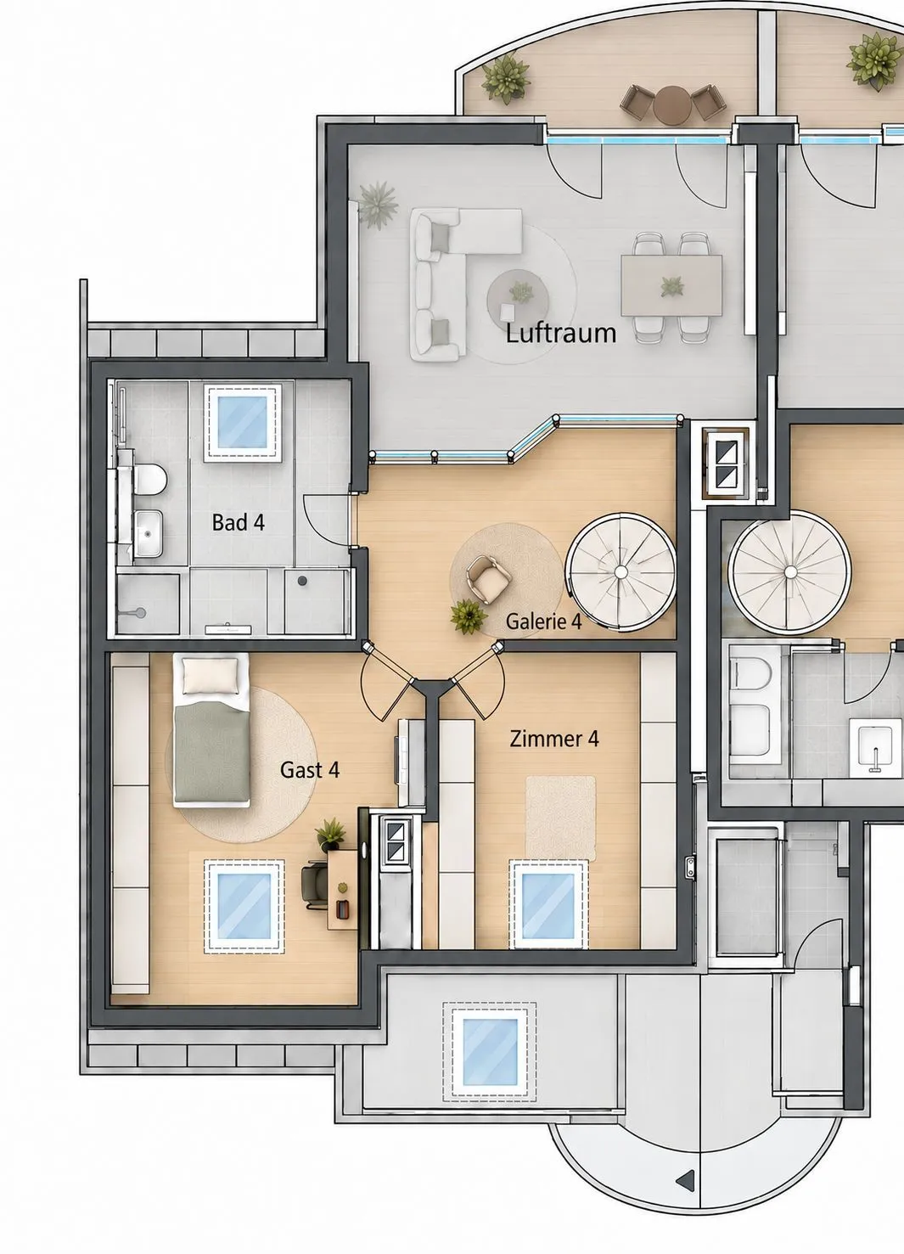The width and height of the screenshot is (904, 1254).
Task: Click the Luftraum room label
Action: tap(561, 333)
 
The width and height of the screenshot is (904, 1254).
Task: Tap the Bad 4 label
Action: tap(238, 522)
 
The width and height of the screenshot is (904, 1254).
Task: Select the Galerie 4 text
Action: tap(543, 621)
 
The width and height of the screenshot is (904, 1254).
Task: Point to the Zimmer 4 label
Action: tap(554, 739)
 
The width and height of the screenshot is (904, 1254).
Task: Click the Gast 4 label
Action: tap(310, 770)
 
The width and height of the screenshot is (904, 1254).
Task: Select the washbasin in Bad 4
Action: tap(149, 533)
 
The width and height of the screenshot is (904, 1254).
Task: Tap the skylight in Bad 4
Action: tap(243, 422)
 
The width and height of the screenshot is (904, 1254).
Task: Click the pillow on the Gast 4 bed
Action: tap(211, 676)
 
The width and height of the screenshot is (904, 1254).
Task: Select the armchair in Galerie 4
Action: tap(488, 578)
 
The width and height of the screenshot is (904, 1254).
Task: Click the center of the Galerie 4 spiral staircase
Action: tap(620, 571)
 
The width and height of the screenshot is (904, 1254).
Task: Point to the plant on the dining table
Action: tap(671, 287)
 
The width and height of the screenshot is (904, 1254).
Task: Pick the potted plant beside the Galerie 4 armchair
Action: tap(468, 616)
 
